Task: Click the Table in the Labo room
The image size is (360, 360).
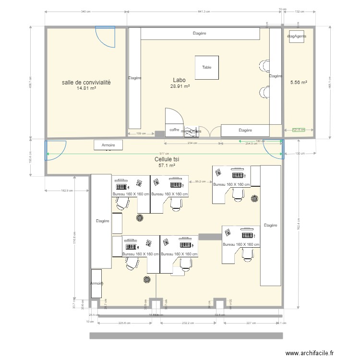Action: [206, 68]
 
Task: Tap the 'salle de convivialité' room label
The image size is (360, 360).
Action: [86, 83]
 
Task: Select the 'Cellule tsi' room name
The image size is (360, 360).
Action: [164, 159]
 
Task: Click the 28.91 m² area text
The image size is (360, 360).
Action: [180, 86]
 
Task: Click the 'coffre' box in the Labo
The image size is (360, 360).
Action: [174, 130]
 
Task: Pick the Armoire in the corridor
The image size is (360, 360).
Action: [108, 145]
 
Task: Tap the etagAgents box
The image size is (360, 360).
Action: [296, 36]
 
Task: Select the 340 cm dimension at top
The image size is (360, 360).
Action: [86, 12]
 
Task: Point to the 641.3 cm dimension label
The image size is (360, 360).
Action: [204, 12]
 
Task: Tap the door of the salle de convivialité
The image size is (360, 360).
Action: [105, 37]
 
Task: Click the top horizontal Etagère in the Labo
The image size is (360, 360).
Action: [200, 34]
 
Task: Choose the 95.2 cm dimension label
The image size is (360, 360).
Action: [201, 181]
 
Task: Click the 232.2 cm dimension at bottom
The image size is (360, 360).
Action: [188, 323]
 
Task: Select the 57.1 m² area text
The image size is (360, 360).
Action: [167, 166]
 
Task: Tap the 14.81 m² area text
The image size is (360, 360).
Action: [86, 88]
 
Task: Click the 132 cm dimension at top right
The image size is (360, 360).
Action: [300, 12]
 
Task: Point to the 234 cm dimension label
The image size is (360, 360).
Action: [193, 143]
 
